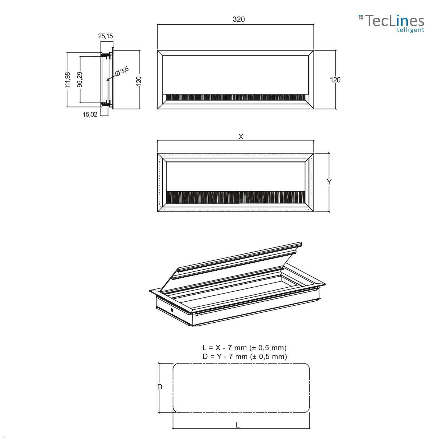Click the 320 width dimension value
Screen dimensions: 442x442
[238, 19]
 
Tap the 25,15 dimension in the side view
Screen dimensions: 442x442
[105, 36]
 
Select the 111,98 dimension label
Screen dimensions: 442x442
[67, 80]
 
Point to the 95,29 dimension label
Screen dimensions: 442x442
[80, 80]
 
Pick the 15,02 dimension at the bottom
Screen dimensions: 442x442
[90, 114]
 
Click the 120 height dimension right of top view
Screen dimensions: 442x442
[335, 80]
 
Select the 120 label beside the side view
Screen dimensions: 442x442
[139, 80]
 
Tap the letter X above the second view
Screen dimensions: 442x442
[241, 137]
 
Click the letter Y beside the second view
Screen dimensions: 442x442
[329, 182]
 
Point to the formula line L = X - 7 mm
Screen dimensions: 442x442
[244, 347]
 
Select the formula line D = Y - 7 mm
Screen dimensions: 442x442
[244, 356]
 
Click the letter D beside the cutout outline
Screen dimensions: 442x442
[160, 387]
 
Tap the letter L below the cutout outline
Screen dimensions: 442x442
[238, 425]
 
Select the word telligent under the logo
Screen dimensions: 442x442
[410, 30]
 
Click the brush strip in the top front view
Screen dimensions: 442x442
[235, 98]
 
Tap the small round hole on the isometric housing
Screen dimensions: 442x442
[172, 310]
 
